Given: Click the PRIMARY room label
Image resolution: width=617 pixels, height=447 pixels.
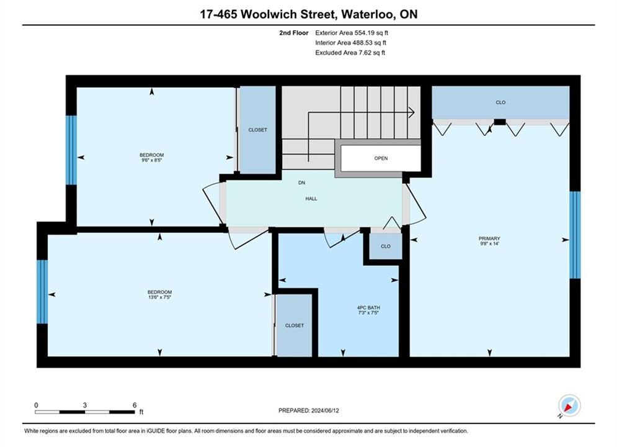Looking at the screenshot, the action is point(489,238).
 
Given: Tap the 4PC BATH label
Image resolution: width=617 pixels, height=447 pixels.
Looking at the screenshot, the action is point(368,307).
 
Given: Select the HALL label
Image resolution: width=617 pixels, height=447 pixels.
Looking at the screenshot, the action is point(311,199).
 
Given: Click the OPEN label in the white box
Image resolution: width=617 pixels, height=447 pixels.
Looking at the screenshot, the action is point(381,158).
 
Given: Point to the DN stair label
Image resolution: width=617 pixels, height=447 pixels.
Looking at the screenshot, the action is point(301,183).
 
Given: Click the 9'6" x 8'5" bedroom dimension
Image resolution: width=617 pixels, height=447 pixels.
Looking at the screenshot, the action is point(151,160).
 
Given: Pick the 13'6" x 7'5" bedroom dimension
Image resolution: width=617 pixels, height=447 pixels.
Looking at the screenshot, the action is point(159,297).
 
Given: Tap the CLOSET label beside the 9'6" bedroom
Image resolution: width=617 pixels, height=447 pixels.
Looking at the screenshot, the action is point(258,130).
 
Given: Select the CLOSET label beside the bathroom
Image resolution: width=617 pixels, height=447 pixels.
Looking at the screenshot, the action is point(295,325).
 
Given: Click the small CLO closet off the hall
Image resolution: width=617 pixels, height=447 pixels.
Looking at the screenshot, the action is point(386,246).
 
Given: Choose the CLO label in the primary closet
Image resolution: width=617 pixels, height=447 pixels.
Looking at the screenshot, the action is point(500,102).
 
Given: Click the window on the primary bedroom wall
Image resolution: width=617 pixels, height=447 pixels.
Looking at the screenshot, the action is point(575,235).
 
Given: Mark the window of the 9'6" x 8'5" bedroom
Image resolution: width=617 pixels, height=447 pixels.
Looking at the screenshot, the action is point(71,150).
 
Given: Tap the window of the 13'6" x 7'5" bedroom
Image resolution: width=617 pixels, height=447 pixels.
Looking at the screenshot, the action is point(42,291).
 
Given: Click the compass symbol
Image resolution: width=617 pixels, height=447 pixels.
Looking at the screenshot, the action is point(569,405).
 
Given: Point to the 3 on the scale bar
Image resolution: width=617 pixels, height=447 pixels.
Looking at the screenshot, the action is point(84,405).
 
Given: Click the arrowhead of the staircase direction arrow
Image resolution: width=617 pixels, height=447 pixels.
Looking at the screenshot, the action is point(412,112).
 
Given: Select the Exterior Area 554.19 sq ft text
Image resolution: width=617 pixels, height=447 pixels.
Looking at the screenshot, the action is point(352,33).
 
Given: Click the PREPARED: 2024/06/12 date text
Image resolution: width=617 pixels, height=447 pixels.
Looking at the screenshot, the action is point(309,410).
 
